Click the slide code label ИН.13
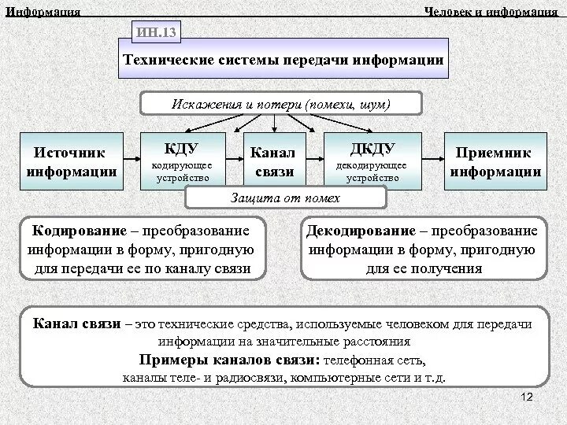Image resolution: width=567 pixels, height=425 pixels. (x=157, y=32)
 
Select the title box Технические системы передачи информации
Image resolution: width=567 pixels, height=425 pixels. (x=283, y=61)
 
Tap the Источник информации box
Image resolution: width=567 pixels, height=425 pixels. (x=72, y=161)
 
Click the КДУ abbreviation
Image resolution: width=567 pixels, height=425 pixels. (x=182, y=148)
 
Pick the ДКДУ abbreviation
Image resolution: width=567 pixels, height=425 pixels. (x=372, y=148)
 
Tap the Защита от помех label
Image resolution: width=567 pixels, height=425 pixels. (x=284, y=198)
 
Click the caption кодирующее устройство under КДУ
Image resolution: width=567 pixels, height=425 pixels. (x=181, y=172)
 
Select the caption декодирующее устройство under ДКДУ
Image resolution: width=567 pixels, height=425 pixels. (x=371, y=172)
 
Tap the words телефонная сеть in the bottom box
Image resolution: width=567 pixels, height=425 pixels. (x=378, y=360)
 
